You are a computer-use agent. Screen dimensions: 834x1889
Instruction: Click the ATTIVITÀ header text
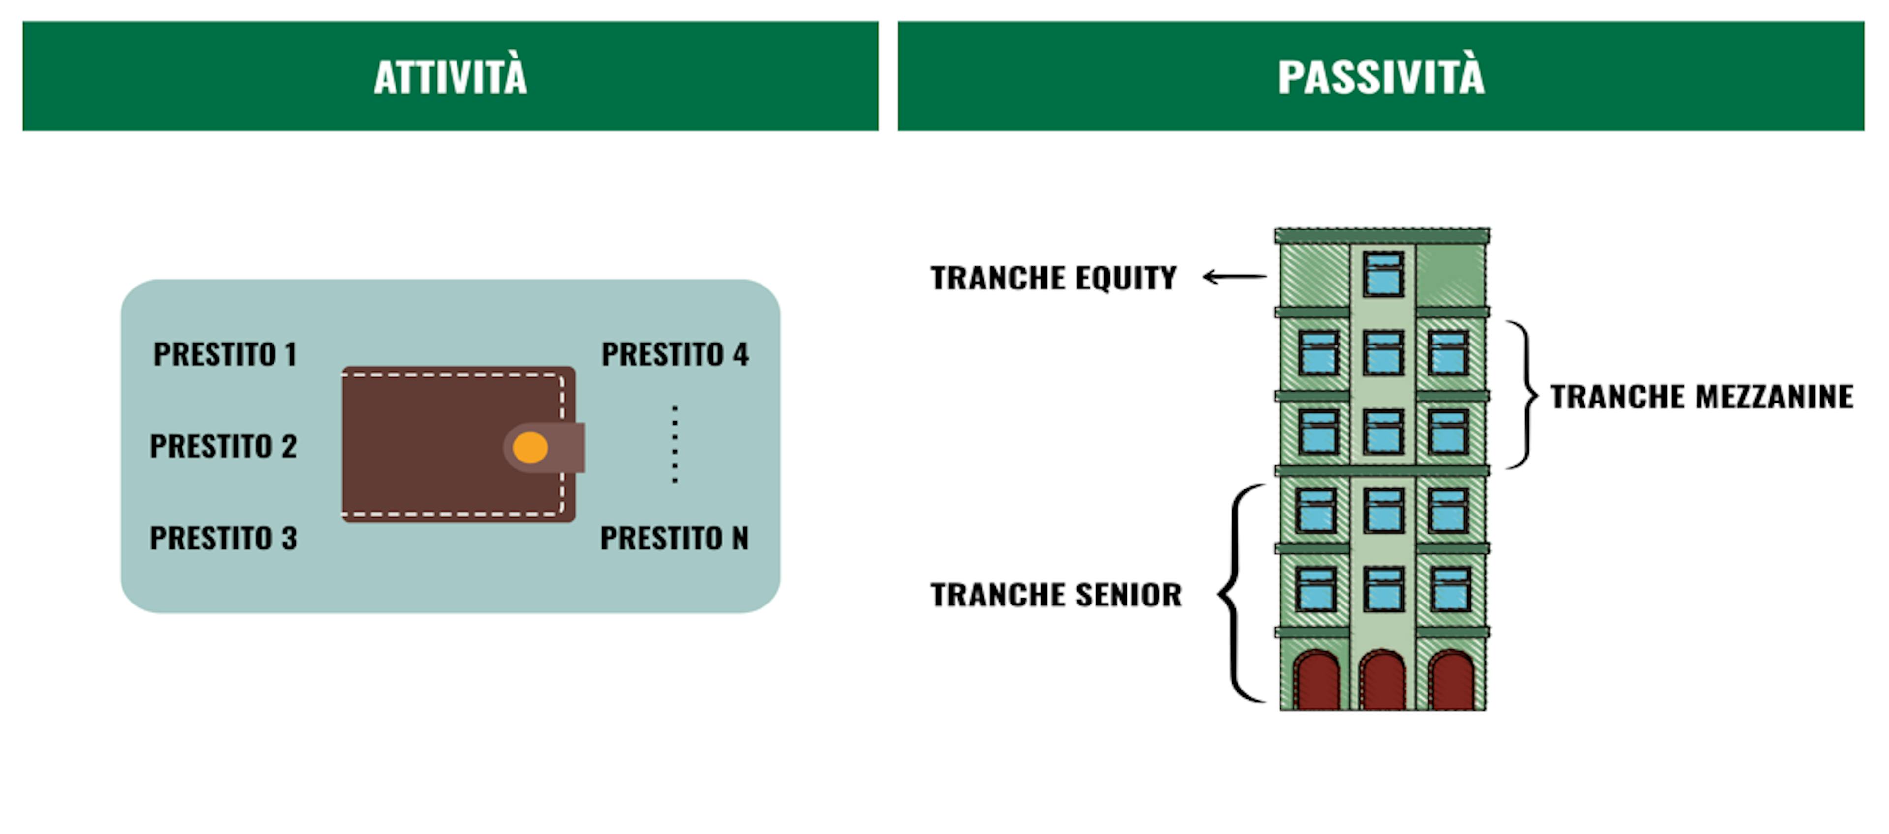click(x=450, y=77)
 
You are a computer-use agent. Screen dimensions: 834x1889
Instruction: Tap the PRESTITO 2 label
click(x=223, y=446)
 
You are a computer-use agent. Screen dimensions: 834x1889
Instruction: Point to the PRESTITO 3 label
click(x=223, y=539)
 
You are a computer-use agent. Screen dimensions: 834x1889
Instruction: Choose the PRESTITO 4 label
click(x=674, y=355)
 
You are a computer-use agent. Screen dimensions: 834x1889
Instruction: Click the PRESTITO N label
click(x=674, y=539)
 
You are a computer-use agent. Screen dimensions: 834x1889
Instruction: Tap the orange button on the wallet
click(x=530, y=448)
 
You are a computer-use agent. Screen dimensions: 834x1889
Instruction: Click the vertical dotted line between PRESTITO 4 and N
click(x=674, y=445)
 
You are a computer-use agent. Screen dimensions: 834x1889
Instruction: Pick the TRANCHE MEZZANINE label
click(x=1701, y=397)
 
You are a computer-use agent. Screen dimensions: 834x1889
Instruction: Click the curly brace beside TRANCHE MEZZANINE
click(x=1524, y=394)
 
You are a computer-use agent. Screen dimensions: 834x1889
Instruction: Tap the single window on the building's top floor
click(x=1383, y=274)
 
